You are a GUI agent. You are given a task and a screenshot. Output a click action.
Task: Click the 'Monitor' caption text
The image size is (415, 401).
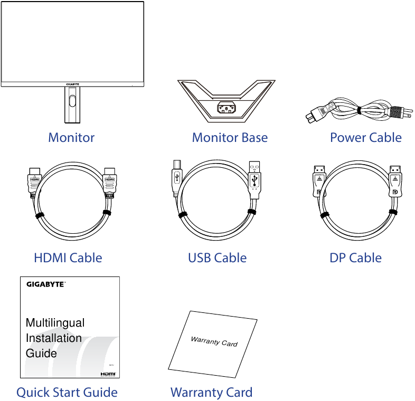click(x=71, y=138)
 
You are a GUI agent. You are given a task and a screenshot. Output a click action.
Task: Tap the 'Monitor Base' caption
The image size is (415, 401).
click(x=230, y=138)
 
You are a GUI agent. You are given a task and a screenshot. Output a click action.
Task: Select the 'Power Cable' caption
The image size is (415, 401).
click(x=365, y=138)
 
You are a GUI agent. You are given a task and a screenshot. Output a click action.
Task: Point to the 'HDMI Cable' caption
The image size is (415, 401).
click(x=68, y=258)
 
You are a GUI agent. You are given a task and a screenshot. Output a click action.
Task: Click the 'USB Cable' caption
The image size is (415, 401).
click(x=217, y=258)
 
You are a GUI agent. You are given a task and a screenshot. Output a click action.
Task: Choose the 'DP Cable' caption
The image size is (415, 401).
click(x=355, y=258)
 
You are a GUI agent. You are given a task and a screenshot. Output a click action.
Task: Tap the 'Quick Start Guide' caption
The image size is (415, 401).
click(x=67, y=393)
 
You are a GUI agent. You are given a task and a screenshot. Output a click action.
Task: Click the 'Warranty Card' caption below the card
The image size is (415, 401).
click(x=211, y=393)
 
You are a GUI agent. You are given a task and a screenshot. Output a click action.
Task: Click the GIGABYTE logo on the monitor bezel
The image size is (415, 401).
click(x=72, y=84)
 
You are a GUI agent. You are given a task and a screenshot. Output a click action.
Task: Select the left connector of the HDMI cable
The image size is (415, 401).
click(x=35, y=182)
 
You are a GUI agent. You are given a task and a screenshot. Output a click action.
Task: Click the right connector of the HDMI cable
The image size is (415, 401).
click(x=110, y=182)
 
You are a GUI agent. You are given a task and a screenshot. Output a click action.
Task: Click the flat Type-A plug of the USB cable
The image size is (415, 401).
click(x=256, y=179)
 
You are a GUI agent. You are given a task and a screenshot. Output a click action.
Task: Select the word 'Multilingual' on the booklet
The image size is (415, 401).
click(x=55, y=323)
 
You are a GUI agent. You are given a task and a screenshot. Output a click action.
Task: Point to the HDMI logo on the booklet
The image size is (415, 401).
click(x=107, y=373)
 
